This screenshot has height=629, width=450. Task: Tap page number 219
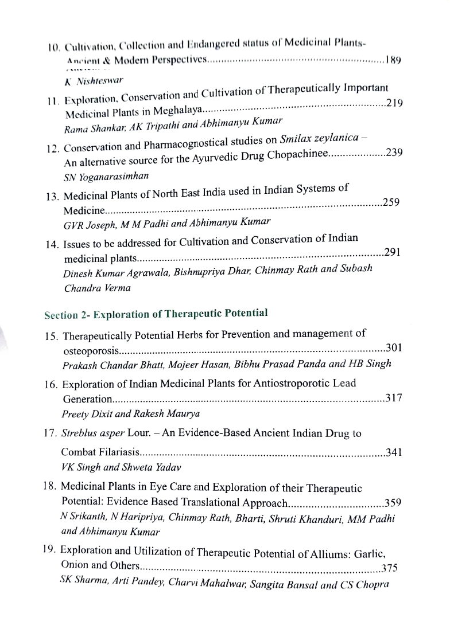click(395, 104)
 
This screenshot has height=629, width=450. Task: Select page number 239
click(394, 153)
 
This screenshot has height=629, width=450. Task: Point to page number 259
click(391, 202)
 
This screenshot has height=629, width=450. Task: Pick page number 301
click(394, 347)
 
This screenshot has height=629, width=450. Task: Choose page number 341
click(393, 452)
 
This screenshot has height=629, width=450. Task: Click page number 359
click(393, 503)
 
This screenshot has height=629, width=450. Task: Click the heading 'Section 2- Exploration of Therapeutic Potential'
click(156, 313)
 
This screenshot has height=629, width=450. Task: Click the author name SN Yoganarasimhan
click(100, 175)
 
